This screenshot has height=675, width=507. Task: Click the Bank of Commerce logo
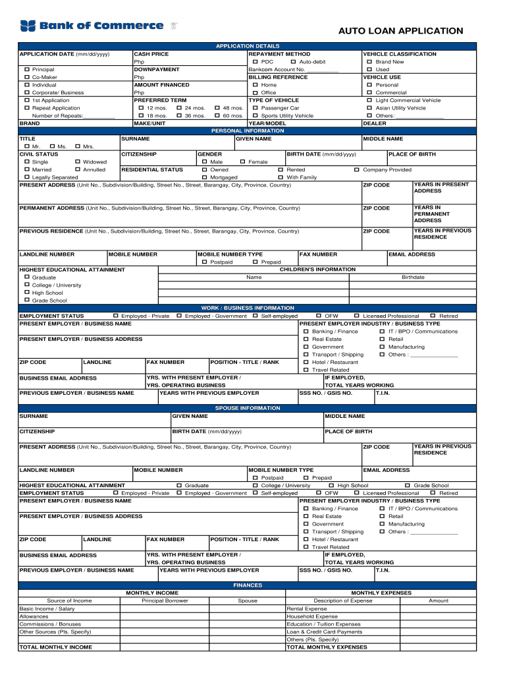92,26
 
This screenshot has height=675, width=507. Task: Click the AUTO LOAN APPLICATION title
400,31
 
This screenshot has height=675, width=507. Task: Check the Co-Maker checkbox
27,77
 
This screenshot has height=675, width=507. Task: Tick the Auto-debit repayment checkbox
293,62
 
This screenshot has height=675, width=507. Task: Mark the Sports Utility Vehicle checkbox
255,116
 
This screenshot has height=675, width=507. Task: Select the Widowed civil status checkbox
78,162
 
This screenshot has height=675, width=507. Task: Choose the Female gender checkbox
242,162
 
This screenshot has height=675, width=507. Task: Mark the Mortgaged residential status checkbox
204,177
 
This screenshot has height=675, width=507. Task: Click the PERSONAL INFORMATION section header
248,131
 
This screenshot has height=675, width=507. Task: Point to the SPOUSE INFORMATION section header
248,409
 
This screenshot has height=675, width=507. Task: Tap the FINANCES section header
248,585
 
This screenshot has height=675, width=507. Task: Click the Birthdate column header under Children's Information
413,278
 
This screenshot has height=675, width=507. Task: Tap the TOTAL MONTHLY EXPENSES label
327,647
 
